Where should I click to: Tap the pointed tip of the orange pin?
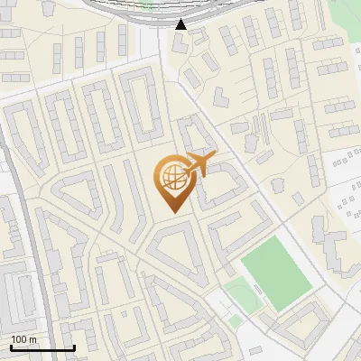pos(171,212)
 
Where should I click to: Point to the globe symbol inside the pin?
pos(171,177)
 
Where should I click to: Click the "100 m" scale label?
pos(23,339)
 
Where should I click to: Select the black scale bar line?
pos(42,347)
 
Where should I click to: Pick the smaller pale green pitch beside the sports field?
pos(238,292)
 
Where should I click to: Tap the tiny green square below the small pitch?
pos(236,320)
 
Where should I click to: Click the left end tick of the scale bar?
pos(11,347)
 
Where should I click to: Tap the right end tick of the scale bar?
pos(74,347)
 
